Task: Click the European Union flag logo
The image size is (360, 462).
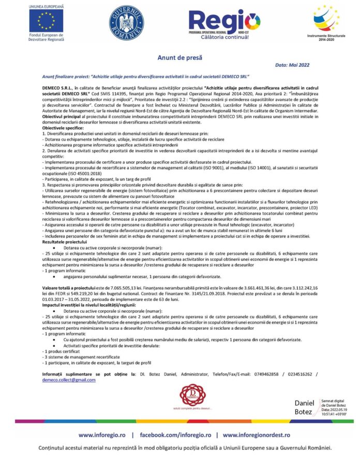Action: tap(47, 20)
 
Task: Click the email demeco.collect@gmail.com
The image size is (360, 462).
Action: tap(69, 380)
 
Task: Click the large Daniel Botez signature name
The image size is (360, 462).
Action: tap(304, 407)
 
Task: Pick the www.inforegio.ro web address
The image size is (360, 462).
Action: tap(102, 436)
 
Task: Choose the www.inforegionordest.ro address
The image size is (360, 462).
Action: tap(257, 436)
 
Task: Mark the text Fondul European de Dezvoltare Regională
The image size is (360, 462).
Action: tap(47, 38)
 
